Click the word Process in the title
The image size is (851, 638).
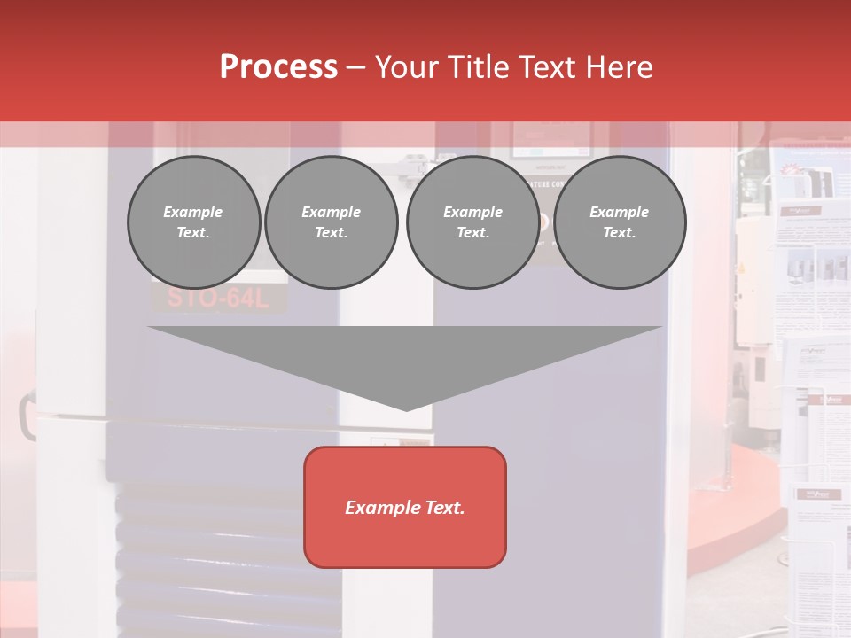coord(278,66)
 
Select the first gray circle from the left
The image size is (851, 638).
coord(194,222)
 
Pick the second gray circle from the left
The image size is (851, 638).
coord(332,222)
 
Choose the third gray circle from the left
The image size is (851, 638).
coord(473,222)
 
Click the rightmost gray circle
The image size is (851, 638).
coord(620,222)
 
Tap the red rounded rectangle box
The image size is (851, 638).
coord(405,507)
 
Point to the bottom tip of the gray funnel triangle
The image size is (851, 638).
coord(406,409)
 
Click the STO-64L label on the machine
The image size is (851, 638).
coord(217,299)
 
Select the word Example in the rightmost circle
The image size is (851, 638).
coord(619,212)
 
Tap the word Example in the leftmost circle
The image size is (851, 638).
coord(193,212)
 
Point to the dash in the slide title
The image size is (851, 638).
coord(356,67)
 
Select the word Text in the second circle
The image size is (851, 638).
coord(332,233)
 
